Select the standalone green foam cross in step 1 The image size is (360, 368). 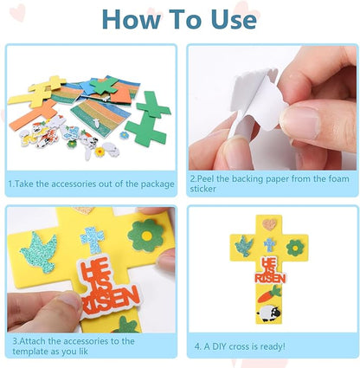(146, 115)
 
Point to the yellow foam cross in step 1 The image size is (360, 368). (47, 86)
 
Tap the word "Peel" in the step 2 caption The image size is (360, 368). (209, 178)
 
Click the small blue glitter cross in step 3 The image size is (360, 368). (92, 239)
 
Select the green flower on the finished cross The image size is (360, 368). (296, 247)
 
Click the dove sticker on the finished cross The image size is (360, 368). (245, 246)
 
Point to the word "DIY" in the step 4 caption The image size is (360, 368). (224, 345)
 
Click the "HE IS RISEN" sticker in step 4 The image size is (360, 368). (270, 271)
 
